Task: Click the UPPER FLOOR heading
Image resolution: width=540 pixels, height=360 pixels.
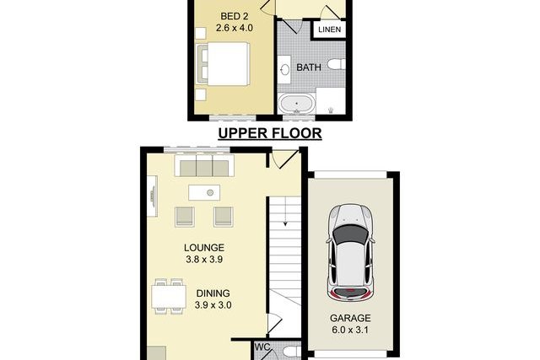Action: click(270, 133)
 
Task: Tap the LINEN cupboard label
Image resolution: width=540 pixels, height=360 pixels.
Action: click(330, 30)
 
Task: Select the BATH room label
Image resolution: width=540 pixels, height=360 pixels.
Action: click(309, 67)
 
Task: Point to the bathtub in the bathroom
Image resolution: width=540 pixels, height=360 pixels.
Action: click(296, 103)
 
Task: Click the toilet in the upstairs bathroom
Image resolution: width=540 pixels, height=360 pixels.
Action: click(337, 64)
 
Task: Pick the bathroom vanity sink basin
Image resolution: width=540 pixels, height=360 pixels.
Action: click(284, 71)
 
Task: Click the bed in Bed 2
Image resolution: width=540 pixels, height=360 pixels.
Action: click(222, 64)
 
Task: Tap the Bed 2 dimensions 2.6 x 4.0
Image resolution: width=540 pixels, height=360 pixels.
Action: click(235, 28)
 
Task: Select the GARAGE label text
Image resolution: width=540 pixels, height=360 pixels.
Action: click(350, 318)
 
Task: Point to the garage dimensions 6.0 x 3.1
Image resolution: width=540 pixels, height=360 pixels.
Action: click(350, 330)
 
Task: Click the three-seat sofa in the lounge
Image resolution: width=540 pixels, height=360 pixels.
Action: click(204, 166)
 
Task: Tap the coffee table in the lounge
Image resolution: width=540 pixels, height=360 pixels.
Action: click(204, 193)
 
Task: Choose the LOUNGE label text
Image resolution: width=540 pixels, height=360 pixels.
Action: click(204, 248)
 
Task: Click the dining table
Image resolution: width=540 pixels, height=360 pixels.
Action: click(169, 296)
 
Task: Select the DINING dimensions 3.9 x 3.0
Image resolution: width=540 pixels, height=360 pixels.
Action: click(213, 305)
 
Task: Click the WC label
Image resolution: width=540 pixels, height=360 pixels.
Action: click(262, 347)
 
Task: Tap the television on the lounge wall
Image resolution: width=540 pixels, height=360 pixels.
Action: click(152, 196)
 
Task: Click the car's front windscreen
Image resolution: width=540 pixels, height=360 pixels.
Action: click(350, 234)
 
